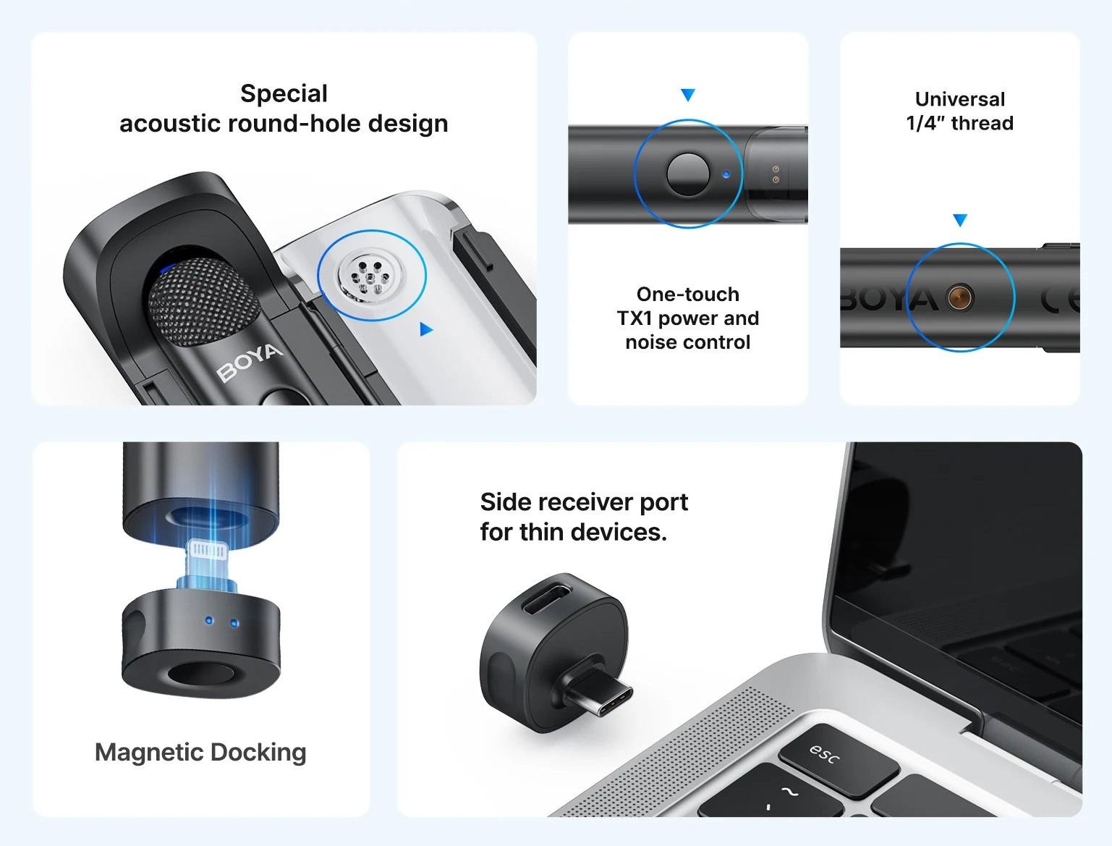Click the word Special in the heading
coord(284,93)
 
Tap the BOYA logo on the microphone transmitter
coord(249,361)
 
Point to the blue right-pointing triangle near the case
coord(426,330)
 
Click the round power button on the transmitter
coord(687,174)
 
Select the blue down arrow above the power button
coord(688,95)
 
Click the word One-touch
coord(687,294)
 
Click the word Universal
coord(959,99)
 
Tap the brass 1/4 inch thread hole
coord(960,297)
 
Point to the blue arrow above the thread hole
coord(960,220)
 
